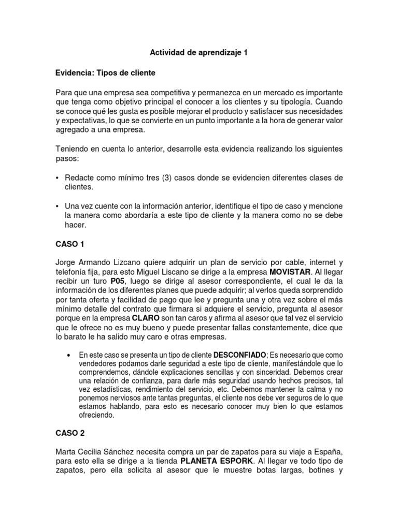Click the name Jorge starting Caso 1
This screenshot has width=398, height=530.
pos(67,263)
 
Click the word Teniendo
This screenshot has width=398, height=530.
pos(74,149)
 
